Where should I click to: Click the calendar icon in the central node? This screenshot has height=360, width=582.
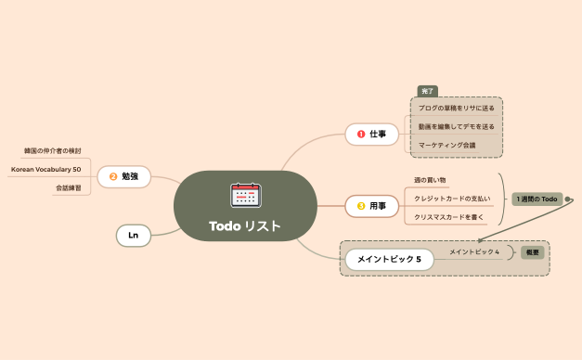pos(245,195)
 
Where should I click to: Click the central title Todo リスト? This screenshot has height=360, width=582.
pos(244,226)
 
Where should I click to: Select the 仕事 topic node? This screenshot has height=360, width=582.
pos(371,135)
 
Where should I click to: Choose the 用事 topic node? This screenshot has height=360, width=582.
pos(371,204)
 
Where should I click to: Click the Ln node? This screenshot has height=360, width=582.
pos(134,236)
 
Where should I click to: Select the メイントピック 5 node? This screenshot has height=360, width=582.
pos(390,260)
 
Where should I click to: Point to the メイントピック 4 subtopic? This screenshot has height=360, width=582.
pos(474,251)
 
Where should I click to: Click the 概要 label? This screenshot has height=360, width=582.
pos(532,251)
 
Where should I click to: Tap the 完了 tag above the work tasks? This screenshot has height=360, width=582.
pos(427,91)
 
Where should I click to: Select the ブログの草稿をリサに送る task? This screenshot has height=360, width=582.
pos(456,108)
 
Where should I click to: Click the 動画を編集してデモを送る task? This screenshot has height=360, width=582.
pos(456,126)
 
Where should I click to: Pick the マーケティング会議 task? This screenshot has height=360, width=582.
pos(446,145)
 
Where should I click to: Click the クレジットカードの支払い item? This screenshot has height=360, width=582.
pos(452,198)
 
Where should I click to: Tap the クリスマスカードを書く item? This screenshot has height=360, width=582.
pos(449,216)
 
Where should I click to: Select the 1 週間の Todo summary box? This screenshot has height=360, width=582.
pos(537,199)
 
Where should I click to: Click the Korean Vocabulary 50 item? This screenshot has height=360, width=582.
pos(45,169)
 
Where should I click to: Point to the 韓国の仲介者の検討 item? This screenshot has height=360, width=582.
pos(52,150)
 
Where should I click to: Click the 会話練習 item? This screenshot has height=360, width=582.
pos(67,187)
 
